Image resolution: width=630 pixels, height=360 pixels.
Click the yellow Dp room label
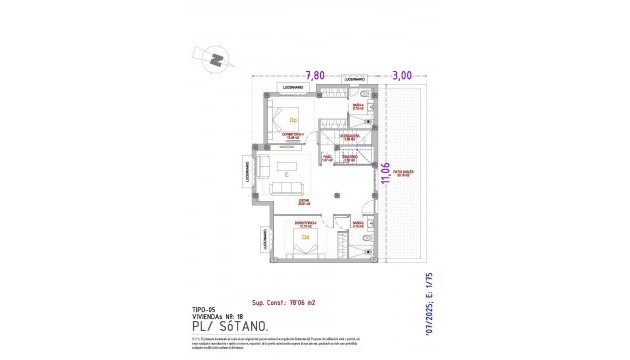point(294,121)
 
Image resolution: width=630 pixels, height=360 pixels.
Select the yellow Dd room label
point(305,237)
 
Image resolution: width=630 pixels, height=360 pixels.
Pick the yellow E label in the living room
point(287,175)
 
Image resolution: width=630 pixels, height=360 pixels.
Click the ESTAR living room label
point(304,203)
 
